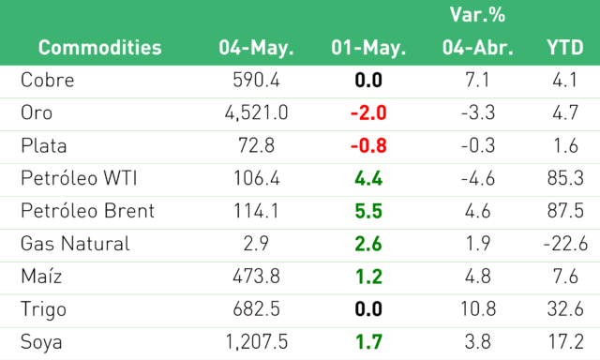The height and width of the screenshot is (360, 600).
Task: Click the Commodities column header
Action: pos(100,48)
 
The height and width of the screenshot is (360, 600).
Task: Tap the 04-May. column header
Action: pos(256,49)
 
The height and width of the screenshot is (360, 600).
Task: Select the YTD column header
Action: pos(565,48)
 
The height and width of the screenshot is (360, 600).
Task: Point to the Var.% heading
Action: pos(477,15)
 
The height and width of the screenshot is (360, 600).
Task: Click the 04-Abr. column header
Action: pos(478,48)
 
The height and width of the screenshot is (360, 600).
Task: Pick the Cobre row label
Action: pos(48,80)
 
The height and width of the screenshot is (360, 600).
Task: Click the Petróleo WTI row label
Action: pos(79,178)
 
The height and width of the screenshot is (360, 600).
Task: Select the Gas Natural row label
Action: pos(75,244)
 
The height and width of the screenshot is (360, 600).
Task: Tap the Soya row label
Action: pos(41,342)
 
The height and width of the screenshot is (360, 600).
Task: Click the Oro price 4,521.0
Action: pos(256,112)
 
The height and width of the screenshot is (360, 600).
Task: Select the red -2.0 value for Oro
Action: pos(368,112)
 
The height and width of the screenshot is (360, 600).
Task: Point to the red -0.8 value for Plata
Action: pos(368,145)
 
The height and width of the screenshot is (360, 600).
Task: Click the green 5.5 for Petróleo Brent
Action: pos(368,211)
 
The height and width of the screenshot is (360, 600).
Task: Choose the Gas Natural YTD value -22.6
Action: pos(565,244)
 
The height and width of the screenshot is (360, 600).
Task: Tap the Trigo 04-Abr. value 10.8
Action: pos(478,309)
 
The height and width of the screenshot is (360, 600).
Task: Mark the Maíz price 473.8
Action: pos(256,277)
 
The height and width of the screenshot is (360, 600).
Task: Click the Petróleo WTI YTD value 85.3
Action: pos(565,178)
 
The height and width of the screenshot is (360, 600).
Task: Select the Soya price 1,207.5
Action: pos(256,342)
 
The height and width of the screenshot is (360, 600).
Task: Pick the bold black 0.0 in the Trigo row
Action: pos(368,309)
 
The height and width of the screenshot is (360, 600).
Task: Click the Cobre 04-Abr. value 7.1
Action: pos(477,80)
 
